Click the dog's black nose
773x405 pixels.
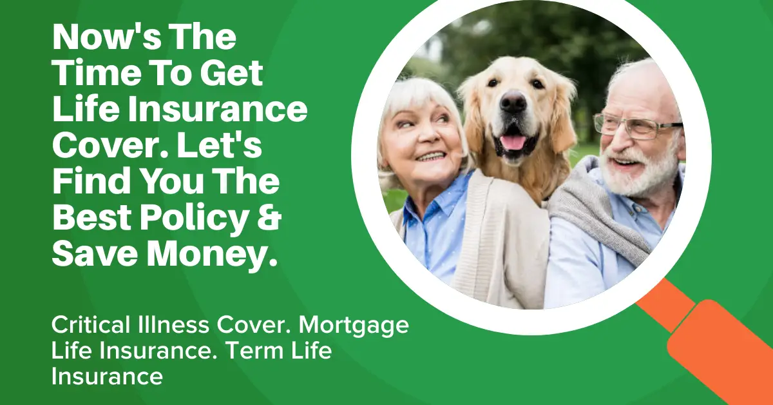[x=513, y=102]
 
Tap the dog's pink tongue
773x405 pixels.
[x=513, y=143]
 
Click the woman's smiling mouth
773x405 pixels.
[x=430, y=157]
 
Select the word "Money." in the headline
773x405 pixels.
[x=212, y=256]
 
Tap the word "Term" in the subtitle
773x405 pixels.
[x=254, y=351]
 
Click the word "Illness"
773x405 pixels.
[x=173, y=325]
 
